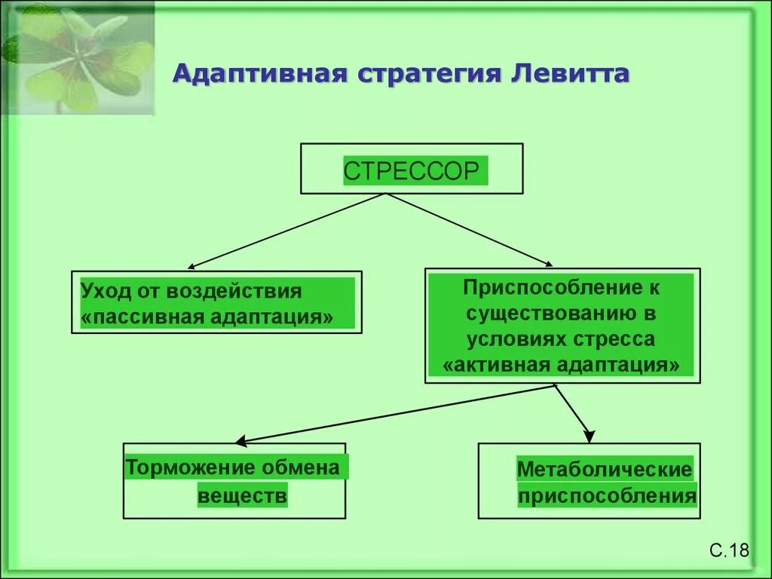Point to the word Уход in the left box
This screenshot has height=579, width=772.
tap(106, 291)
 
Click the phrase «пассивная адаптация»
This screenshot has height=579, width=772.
tap(207, 316)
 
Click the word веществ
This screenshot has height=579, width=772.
tap(243, 497)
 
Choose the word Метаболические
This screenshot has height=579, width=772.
tap(604, 470)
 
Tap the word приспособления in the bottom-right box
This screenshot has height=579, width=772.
tap(607, 497)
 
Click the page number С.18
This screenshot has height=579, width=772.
tap(728, 550)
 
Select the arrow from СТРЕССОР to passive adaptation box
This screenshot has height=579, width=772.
tap(286, 231)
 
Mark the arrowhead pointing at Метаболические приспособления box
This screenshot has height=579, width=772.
tap(588, 435)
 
